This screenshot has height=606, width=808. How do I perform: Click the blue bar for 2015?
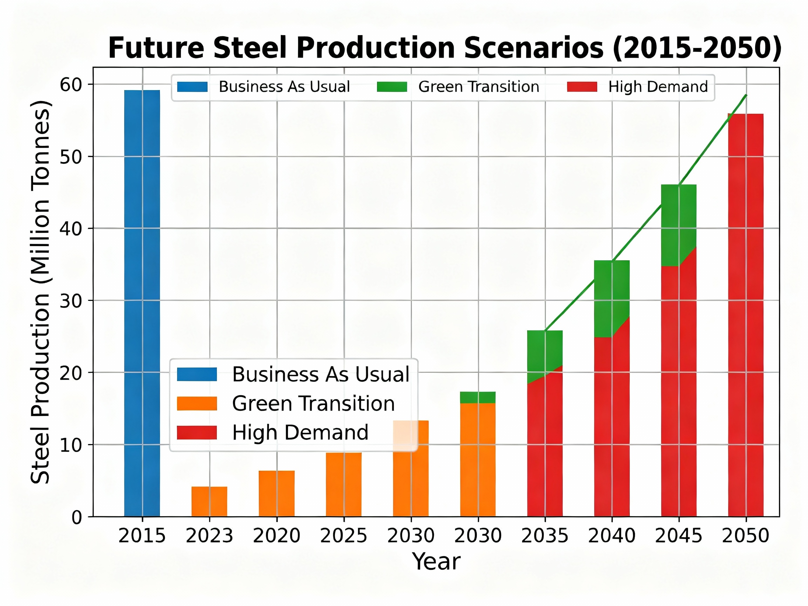click(x=142, y=303)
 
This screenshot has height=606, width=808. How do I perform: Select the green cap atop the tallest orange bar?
click(x=478, y=397)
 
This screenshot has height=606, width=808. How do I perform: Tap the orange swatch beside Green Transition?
click(x=197, y=404)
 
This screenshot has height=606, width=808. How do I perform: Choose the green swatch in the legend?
click(x=392, y=87)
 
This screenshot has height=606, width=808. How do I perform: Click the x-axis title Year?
click(x=436, y=562)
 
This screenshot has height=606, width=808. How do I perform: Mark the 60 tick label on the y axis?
click(x=70, y=85)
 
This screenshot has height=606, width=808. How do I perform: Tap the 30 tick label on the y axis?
click(x=70, y=301)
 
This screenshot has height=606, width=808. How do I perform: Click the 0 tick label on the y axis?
click(x=76, y=517)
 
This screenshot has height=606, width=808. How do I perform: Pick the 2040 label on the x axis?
click(x=612, y=536)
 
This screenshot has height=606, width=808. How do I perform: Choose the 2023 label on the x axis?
click(x=209, y=536)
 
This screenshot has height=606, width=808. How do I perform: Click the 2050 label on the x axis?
click(x=746, y=536)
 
